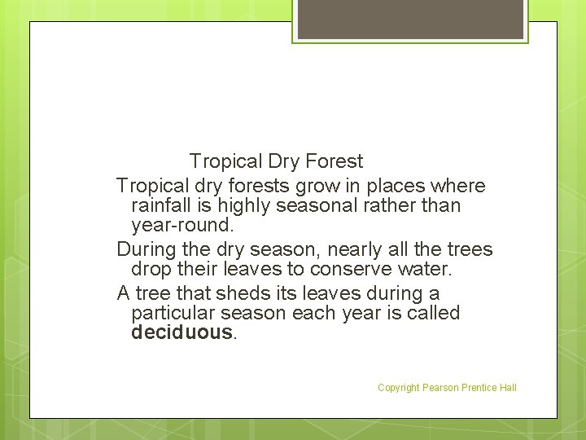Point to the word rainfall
pyautogui.click(x=163, y=206)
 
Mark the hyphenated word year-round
pyautogui.click(x=181, y=226)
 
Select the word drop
pyautogui.click(x=150, y=269)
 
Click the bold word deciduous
pyautogui.click(x=182, y=332)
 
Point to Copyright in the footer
pyautogui.click(x=398, y=388)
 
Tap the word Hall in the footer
pyautogui.click(x=507, y=388)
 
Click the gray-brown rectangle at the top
pyautogui.click(x=410, y=19)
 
